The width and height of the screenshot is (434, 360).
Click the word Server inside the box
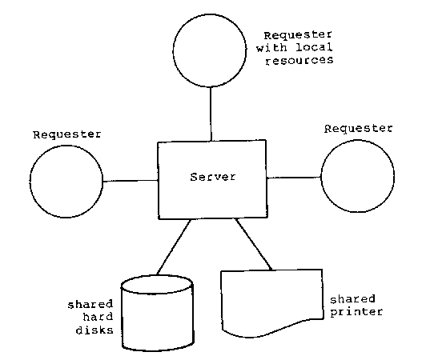click(212, 177)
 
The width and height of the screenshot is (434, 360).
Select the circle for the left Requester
click(66, 181)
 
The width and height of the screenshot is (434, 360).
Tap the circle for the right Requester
click(357, 174)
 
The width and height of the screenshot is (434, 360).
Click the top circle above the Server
click(210, 49)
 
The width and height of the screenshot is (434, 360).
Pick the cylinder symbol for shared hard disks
click(156, 313)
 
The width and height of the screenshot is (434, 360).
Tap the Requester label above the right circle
click(360, 128)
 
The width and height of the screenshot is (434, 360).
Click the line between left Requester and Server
click(130, 181)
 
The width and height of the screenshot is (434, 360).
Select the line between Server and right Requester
click(294, 176)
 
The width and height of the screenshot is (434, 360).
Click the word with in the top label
click(269, 48)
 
